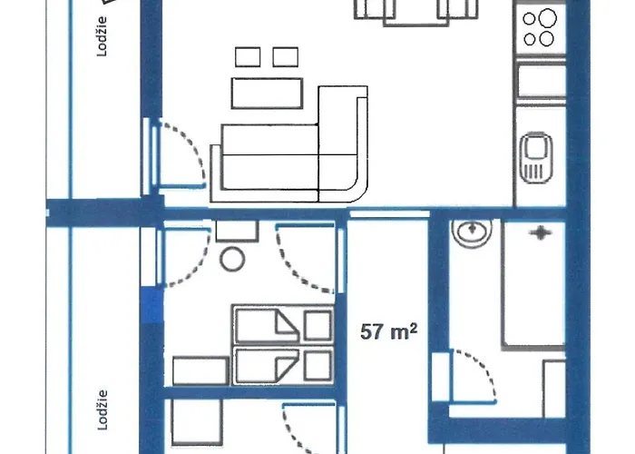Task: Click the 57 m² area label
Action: point(388,331)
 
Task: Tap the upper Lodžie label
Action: point(102,36)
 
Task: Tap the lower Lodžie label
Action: point(103,410)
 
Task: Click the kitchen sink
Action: point(537,157)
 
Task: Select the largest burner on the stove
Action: point(548,18)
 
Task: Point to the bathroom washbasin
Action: point(473,231)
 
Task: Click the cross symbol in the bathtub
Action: point(541,233)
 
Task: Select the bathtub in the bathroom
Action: point(533,283)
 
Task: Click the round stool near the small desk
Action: point(232,259)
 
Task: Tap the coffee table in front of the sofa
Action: point(268,94)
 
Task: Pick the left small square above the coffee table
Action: point(248,56)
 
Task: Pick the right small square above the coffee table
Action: point(286,56)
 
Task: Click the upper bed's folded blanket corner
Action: point(287,323)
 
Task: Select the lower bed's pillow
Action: point(317,366)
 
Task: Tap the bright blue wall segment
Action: point(152,305)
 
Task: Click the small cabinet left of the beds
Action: point(200,370)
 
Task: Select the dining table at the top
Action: point(416,13)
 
